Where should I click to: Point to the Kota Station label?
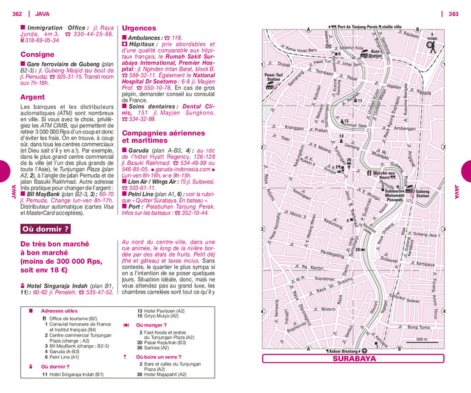click(375, 54)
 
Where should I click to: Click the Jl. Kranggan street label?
click(294, 127)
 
